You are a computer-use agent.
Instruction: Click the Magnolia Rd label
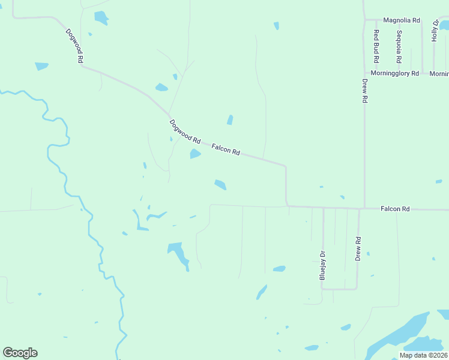click(x=401, y=20)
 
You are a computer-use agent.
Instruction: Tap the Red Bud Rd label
click(x=376, y=47)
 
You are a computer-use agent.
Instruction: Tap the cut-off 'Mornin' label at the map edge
click(x=439, y=73)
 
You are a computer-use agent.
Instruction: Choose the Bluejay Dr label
click(x=322, y=266)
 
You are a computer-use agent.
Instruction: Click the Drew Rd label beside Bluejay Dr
click(x=358, y=248)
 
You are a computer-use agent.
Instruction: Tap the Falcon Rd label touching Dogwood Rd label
click(x=226, y=149)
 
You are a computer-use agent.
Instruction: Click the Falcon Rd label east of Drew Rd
click(x=395, y=209)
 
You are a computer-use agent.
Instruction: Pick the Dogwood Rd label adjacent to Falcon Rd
click(x=184, y=131)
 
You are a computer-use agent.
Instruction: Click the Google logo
click(x=20, y=353)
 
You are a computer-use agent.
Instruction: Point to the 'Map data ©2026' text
click(x=423, y=355)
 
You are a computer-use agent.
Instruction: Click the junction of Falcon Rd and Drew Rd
click(x=364, y=209)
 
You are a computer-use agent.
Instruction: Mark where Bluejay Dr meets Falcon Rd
click(x=323, y=208)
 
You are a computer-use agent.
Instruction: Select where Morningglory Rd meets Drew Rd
click(x=364, y=73)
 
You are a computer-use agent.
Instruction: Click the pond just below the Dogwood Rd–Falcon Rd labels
click(x=195, y=154)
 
